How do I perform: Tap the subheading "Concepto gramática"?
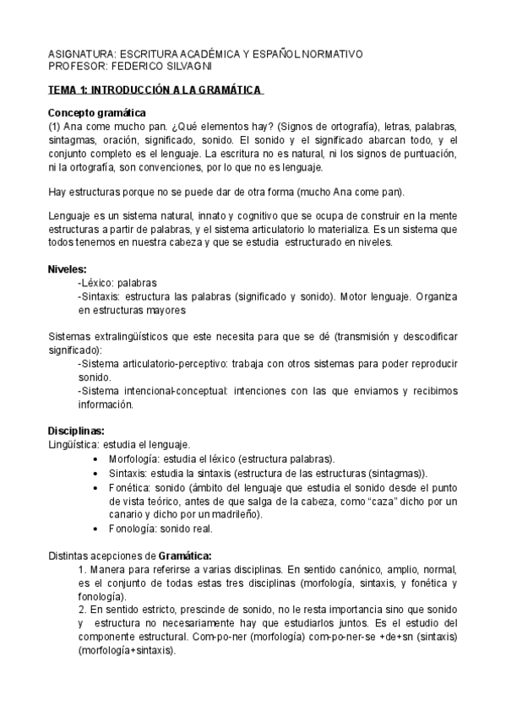(x=97, y=113)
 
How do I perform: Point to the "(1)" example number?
(x=55, y=126)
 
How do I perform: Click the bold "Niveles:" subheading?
(x=68, y=268)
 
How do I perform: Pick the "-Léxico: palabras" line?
(x=117, y=283)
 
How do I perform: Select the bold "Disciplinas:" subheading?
(x=76, y=431)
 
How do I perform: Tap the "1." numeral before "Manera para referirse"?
(x=82, y=570)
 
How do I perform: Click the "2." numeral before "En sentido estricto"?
(x=82, y=610)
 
